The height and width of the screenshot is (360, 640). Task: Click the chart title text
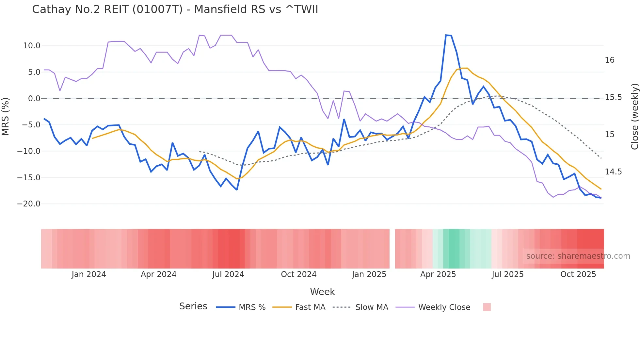[x=175, y=9]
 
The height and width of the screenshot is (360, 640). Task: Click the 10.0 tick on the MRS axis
[x=32, y=46]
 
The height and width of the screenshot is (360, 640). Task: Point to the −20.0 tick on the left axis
[x=29, y=204]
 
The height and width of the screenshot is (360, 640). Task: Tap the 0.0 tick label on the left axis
[x=34, y=99]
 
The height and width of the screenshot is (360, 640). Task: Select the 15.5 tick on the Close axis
[x=613, y=97]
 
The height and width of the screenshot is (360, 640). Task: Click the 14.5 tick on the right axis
[x=613, y=172]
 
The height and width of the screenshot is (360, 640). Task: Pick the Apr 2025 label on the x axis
[x=438, y=274]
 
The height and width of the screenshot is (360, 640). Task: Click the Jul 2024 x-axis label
[x=228, y=274]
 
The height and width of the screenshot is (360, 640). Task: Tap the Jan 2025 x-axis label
[x=369, y=274]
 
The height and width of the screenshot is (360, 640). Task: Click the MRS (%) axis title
[x=6, y=117]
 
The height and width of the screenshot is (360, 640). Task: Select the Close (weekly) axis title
[x=634, y=117]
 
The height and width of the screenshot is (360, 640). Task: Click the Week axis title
[x=322, y=292]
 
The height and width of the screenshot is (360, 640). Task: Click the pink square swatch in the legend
[x=487, y=307]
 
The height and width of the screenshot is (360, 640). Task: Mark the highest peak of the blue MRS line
[x=446, y=35]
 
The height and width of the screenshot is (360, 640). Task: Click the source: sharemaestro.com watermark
[x=578, y=256]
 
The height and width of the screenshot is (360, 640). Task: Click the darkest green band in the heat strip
[x=454, y=249]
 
